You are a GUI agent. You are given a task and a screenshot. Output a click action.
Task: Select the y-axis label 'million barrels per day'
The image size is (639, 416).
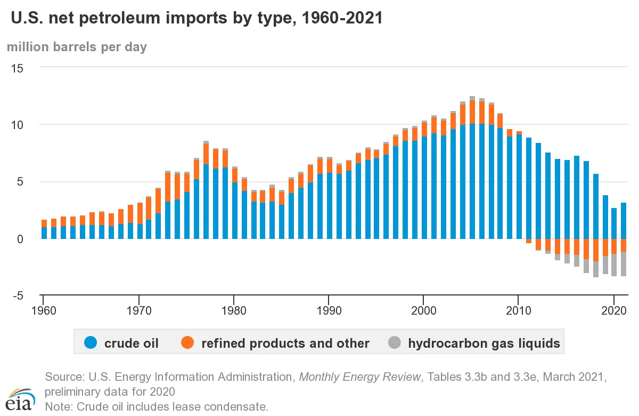pyautogui.click(x=77, y=47)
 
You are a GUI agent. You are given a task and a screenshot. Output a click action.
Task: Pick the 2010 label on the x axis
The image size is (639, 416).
pyautogui.click(x=519, y=309)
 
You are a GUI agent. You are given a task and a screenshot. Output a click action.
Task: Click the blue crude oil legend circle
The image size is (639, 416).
pyautogui.click(x=91, y=343)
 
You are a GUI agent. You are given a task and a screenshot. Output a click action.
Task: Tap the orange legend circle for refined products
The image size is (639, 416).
pyautogui.click(x=187, y=343)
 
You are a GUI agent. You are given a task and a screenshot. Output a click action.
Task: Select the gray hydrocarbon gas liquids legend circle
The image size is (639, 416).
pyautogui.click(x=394, y=343)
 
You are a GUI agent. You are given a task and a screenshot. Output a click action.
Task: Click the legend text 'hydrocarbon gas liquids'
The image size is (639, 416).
pyautogui.click(x=484, y=343)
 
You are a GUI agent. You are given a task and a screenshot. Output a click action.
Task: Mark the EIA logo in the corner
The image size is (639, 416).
pyautogui.click(x=21, y=397)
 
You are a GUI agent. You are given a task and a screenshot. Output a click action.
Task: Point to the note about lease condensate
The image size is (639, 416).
pyautogui.click(x=157, y=407)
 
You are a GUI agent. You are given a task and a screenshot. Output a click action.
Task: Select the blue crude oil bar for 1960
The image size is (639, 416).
pyautogui.click(x=45, y=233)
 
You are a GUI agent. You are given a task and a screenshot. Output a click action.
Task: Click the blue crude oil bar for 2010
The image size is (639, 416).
pyautogui.click(x=519, y=187)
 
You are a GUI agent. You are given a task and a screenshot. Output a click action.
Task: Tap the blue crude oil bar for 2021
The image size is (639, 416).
pyautogui.click(x=624, y=221)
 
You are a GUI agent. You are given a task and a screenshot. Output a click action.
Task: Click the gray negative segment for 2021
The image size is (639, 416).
pyautogui.click(x=624, y=264)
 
